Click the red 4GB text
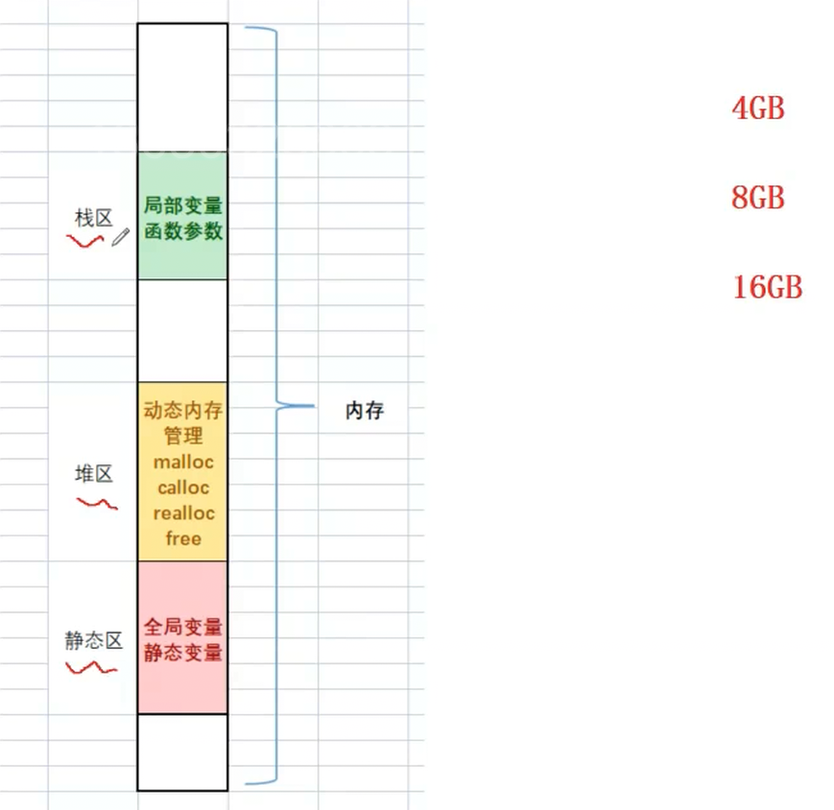pos(758,108)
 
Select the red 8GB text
pos(758,199)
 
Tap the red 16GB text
pos(767,287)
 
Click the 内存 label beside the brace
pos(364,411)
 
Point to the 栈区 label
pos(94,218)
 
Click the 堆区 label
pos(94,473)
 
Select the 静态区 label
pos(94,641)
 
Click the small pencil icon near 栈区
pos(120,237)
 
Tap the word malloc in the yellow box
pos(182,463)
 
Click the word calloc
pos(183,488)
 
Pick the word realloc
pos(183,513)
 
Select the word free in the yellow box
pos(183,538)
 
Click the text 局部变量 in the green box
pos(182,205)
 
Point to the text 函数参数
pos(182,230)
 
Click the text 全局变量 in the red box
pos(182,628)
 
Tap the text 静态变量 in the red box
pos(182,653)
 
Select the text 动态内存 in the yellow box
pos(182,412)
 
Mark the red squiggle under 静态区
pos(93,667)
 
